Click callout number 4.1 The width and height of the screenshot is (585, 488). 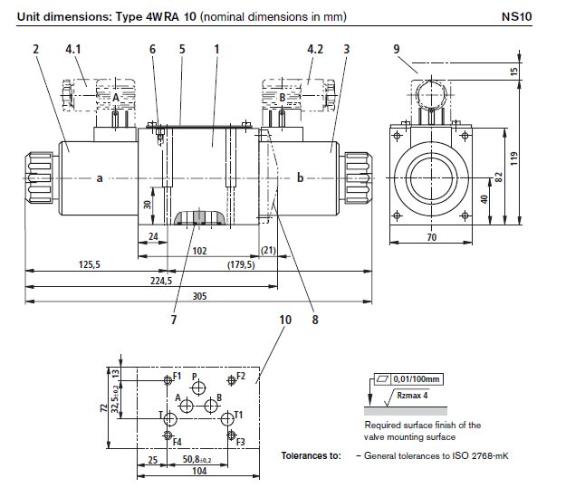pyautogui.click(x=72, y=48)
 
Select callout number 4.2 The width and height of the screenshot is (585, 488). pyautogui.click(x=314, y=48)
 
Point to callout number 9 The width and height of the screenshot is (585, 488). pyautogui.click(x=396, y=48)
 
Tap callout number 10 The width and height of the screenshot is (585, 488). pyautogui.click(x=286, y=320)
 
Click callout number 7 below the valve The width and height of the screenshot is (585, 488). pyautogui.click(x=174, y=320)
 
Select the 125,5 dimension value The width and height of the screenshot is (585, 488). pyautogui.click(x=89, y=265)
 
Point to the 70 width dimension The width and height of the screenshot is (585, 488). pyautogui.click(x=431, y=238)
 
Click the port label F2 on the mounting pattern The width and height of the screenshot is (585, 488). pyautogui.click(x=240, y=375)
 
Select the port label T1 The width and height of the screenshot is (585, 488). pyautogui.click(x=239, y=415)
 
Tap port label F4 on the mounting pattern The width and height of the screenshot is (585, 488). pyautogui.click(x=177, y=442)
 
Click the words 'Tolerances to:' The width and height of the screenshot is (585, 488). pyautogui.click(x=311, y=455)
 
